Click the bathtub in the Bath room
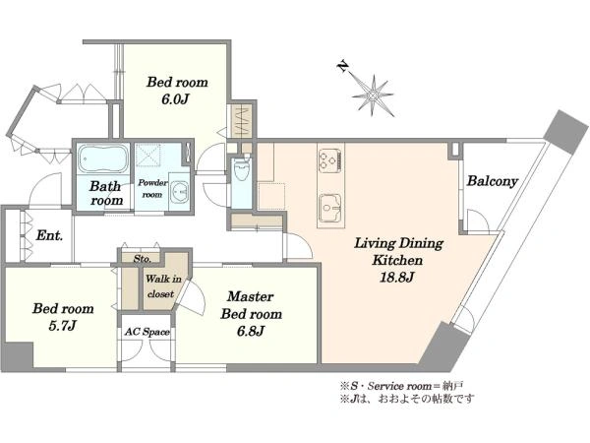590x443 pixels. click(103, 158)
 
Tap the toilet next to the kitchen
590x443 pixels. click(241, 170)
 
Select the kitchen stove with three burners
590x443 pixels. click(330, 160)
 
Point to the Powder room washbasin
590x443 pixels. click(180, 192)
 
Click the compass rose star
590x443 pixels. click(373, 95)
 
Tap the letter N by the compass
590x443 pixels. click(342, 67)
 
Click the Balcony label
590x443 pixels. click(493, 181)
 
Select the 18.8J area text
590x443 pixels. click(397, 278)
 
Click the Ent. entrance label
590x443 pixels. click(49, 236)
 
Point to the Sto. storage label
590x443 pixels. click(143, 259)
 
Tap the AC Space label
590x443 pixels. click(147, 332)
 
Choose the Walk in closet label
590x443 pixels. click(163, 286)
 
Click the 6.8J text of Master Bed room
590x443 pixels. click(251, 331)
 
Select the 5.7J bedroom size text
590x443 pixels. click(63, 326)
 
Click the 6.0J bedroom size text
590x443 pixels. click(175, 99)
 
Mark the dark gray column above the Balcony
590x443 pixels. click(566, 132)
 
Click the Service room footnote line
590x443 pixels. click(401, 386)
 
